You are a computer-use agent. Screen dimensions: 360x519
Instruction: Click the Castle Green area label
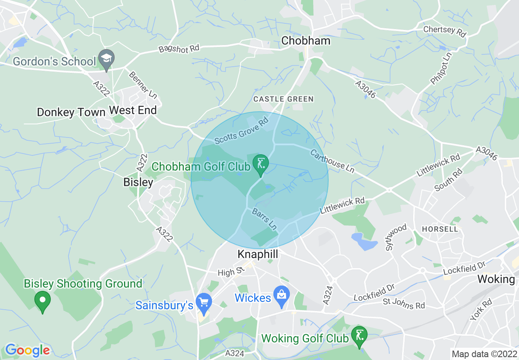[x=283, y=99]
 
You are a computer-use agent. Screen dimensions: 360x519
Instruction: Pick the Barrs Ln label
[x=264, y=219]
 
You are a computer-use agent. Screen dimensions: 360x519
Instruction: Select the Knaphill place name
[x=258, y=254]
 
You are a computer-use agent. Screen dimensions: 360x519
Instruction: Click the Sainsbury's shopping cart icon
[x=203, y=302]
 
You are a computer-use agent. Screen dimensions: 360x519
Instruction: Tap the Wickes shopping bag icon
[x=282, y=295]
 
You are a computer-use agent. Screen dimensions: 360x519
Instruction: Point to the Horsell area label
[x=440, y=229]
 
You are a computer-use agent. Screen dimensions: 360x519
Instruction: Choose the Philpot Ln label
[x=441, y=68]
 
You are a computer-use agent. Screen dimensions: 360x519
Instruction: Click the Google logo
[x=27, y=350]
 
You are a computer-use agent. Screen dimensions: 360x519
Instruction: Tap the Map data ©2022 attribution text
[x=483, y=353]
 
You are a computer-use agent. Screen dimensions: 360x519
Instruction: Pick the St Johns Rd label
[x=404, y=304]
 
